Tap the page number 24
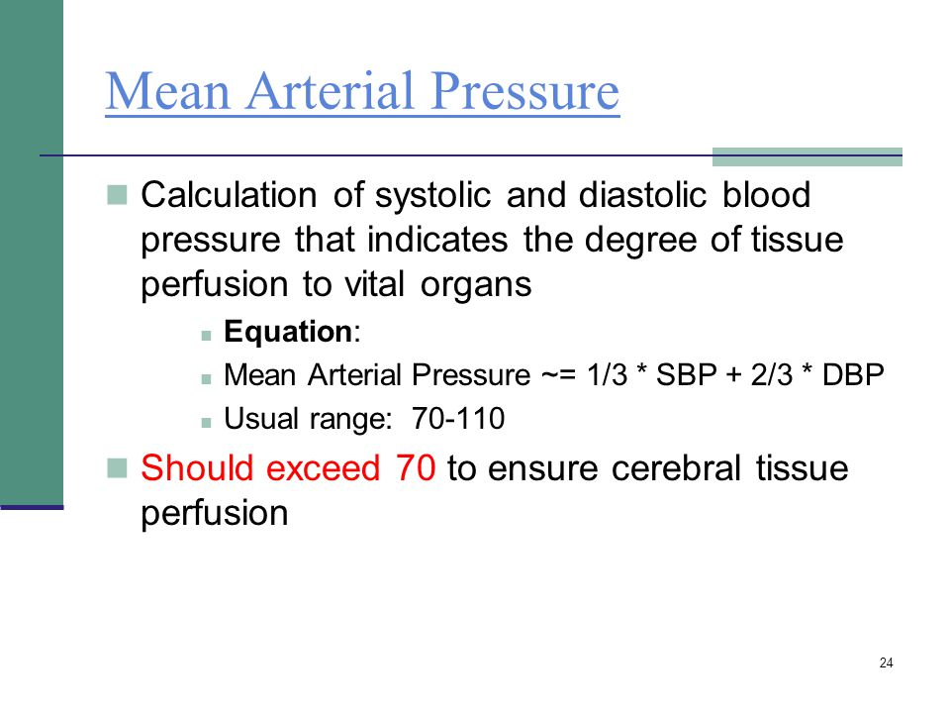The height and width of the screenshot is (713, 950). coord(886,662)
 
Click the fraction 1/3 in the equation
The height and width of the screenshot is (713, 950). coord(606,375)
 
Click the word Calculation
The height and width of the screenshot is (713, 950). coord(232,195)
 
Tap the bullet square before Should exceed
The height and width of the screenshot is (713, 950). coord(117,466)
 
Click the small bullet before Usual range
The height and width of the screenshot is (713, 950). coord(207,421)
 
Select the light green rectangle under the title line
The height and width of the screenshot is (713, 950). coord(807,157)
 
